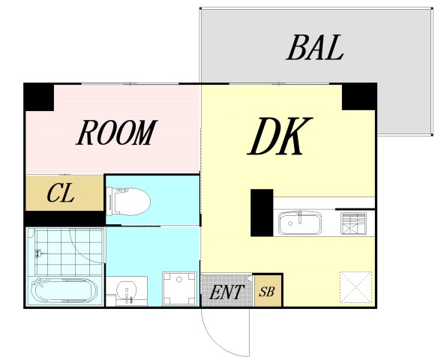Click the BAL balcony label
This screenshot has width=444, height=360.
coord(315,47)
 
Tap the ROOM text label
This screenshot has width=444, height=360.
coord(117,132)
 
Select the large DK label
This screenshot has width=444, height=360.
coord(280,136)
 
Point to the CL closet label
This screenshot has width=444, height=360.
coord(61,193)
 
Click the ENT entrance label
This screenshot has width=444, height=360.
coord(226,292)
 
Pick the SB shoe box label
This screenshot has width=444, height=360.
coord(267,292)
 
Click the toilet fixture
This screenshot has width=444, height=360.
coord(128,202)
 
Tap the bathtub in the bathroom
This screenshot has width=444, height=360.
coord(64,290)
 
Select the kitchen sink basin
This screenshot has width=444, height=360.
coord(300,223)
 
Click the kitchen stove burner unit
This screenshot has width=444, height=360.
coord(353,223)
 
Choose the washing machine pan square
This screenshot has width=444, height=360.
coord(179,289)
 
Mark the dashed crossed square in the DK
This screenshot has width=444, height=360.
coord(355,287)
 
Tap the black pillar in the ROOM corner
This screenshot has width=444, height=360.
coord(39,97)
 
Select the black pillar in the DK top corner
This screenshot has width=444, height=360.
coord(359,97)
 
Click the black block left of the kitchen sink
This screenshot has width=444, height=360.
coord(262,213)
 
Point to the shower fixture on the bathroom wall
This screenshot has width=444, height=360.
coord(38,253)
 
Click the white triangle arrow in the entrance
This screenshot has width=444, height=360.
coord(248,278)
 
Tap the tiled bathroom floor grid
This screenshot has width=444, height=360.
coord(69,251)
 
